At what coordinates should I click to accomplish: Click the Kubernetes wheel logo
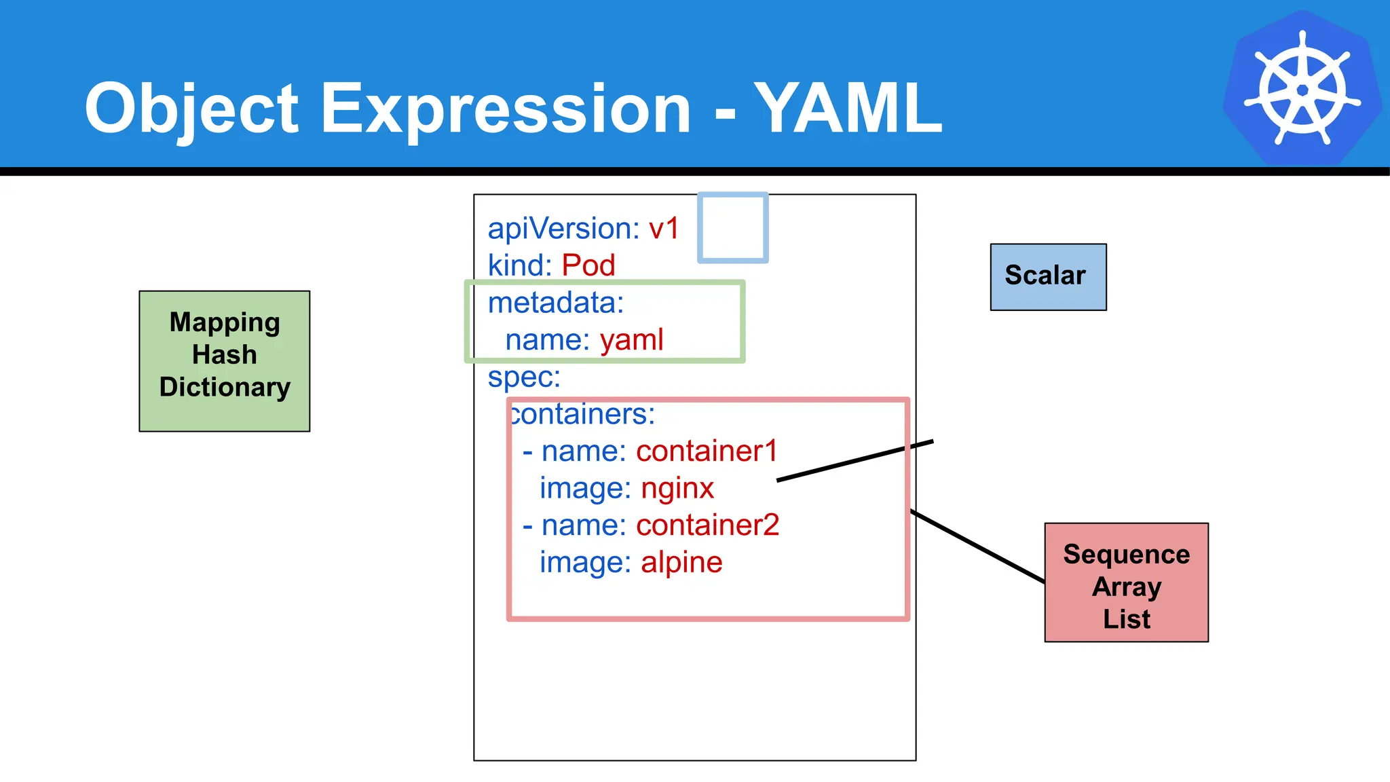[1302, 88]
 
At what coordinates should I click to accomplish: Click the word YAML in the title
[848, 109]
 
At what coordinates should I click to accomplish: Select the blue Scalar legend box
[1048, 277]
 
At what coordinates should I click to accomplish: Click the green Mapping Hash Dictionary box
[225, 361]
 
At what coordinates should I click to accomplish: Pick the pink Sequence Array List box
[1126, 582]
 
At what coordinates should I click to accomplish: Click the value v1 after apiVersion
[663, 229]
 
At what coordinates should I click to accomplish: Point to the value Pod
[588, 265]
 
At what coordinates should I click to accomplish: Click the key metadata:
[555, 303]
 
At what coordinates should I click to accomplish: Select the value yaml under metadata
[631, 339]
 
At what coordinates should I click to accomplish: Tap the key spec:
[524, 377]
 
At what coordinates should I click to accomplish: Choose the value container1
[707, 451]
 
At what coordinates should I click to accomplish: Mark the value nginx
[677, 489]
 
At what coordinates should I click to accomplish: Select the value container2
[707, 525]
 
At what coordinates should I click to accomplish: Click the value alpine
[681, 563]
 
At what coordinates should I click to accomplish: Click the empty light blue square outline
[733, 228]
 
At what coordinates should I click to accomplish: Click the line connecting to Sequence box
[977, 546]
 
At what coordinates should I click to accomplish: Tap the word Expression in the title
[505, 109]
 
